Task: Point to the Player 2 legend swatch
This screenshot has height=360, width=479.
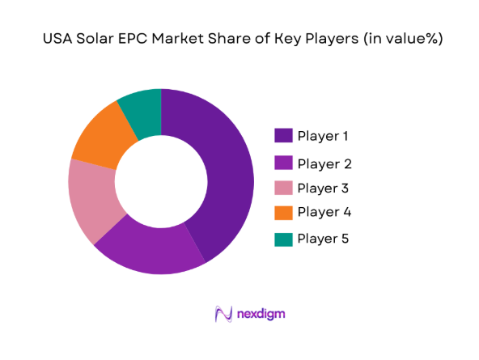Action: [x=283, y=164]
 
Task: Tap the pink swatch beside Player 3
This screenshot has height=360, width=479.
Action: [x=283, y=188]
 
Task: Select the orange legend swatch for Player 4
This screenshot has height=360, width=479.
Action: [x=283, y=213]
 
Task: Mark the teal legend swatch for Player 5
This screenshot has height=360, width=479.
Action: [x=283, y=239]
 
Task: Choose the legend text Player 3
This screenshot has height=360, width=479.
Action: [x=324, y=188]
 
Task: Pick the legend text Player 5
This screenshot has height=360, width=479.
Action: [x=324, y=239]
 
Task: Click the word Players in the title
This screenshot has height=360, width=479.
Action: [x=328, y=39]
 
